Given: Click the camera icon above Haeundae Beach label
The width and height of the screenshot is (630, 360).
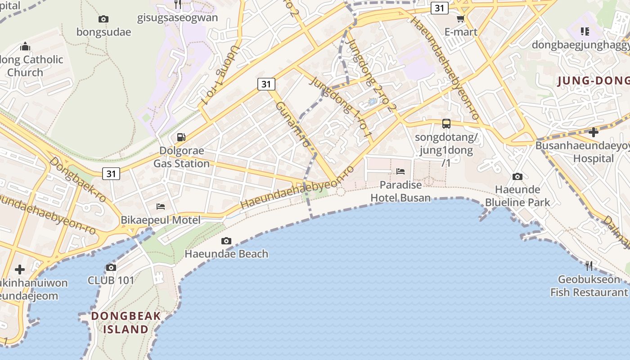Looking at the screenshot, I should pos(226,241).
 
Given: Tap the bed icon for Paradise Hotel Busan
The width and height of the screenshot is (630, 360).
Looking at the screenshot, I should pos(400,171).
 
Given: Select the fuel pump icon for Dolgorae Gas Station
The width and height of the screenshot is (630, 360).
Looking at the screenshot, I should pos(181,137).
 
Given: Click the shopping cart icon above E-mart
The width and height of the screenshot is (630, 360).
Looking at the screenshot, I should pos(460,19).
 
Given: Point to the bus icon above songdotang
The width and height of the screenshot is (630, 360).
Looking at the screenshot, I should pos(446,123).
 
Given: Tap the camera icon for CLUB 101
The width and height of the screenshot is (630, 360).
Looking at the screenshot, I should pos(111,268).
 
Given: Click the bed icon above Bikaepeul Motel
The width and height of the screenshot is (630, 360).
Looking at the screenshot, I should pos(161,207).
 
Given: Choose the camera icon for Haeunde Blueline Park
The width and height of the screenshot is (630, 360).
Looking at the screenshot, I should pos(517,176).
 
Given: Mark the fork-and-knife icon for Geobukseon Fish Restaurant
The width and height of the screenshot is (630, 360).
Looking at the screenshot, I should pos(589,266).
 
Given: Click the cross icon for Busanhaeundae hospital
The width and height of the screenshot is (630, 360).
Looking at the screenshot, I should pos(594,132).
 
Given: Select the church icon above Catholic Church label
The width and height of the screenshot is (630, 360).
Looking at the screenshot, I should pos(25,46).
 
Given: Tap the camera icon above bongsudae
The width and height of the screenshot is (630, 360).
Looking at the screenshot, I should pos(103,19).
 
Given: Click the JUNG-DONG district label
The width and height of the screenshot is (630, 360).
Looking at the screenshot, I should pos(593,81).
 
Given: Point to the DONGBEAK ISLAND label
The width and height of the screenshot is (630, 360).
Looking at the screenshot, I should pos(126,323).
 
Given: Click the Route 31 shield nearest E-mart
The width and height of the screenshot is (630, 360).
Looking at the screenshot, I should pos(439,8).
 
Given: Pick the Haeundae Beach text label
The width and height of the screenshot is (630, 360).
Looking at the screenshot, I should pos(226,254).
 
